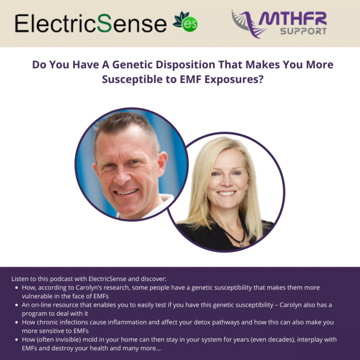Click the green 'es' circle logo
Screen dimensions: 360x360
click(x=190, y=24)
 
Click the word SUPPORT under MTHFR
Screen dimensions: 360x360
click(x=303, y=32)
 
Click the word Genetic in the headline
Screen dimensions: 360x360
click(x=138, y=65)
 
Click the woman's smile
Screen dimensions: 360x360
click(x=226, y=193)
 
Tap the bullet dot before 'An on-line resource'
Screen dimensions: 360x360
click(x=17, y=305)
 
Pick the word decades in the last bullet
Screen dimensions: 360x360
click(x=270, y=339)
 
